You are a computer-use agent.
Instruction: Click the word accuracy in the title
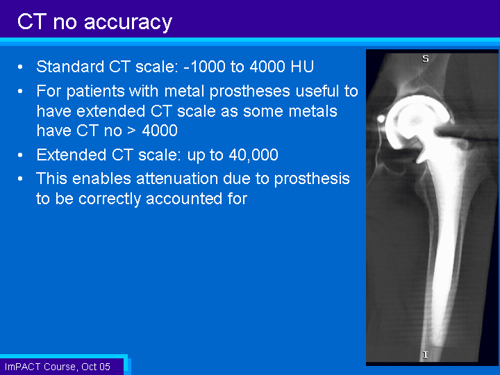[128, 24]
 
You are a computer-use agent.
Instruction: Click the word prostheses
[250, 92]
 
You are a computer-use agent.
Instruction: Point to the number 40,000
[253, 156]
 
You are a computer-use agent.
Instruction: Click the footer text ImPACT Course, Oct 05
[58, 367]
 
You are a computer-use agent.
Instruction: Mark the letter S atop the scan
[426, 58]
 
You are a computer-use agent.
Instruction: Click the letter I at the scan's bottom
[425, 355]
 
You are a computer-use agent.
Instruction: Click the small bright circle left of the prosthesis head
[381, 119]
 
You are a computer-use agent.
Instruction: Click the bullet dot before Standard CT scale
[20, 67]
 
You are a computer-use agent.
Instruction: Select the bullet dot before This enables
[20, 179]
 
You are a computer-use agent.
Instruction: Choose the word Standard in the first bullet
[70, 67]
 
